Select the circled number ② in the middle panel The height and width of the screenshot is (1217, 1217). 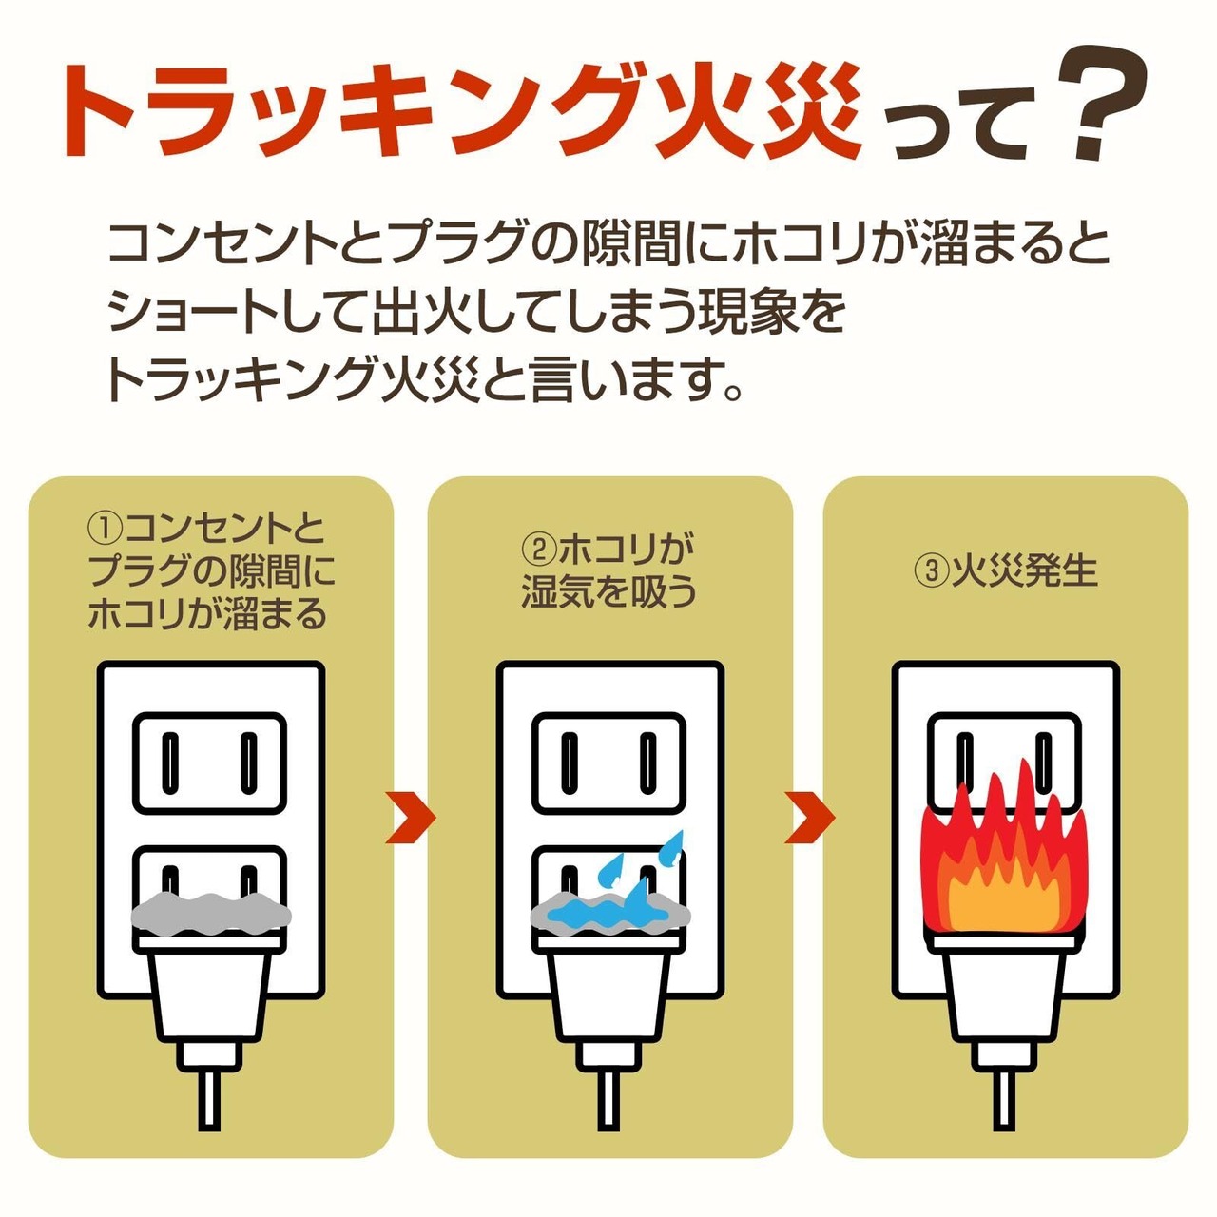pyautogui.click(x=539, y=550)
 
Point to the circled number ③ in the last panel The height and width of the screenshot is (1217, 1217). pyautogui.click(x=931, y=570)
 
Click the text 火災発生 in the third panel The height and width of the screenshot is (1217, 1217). pyautogui.click(x=1025, y=570)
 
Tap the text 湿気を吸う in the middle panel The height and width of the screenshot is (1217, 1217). pyautogui.click(x=609, y=591)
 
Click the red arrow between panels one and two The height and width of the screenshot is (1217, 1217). pyautogui.click(x=410, y=817)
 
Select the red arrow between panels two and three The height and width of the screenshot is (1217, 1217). pyautogui.click(x=809, y=817)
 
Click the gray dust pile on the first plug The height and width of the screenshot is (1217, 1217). pyautogui.click(x=210, y=914)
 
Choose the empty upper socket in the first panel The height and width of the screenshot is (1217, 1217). pyautogui.click(x=210, y=763)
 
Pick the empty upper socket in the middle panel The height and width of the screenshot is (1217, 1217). pyautogui.click(x=609, y=763)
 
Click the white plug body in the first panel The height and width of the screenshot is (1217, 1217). pyautogui.click(x=210, y=994)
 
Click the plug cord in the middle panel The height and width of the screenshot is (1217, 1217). pyautogui.click(x=608, y=1093)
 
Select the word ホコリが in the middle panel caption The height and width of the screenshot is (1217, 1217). pyautogui.click(x=627, y=550)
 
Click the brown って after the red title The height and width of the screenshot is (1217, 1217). pyautogui.click(x=960, y=124)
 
